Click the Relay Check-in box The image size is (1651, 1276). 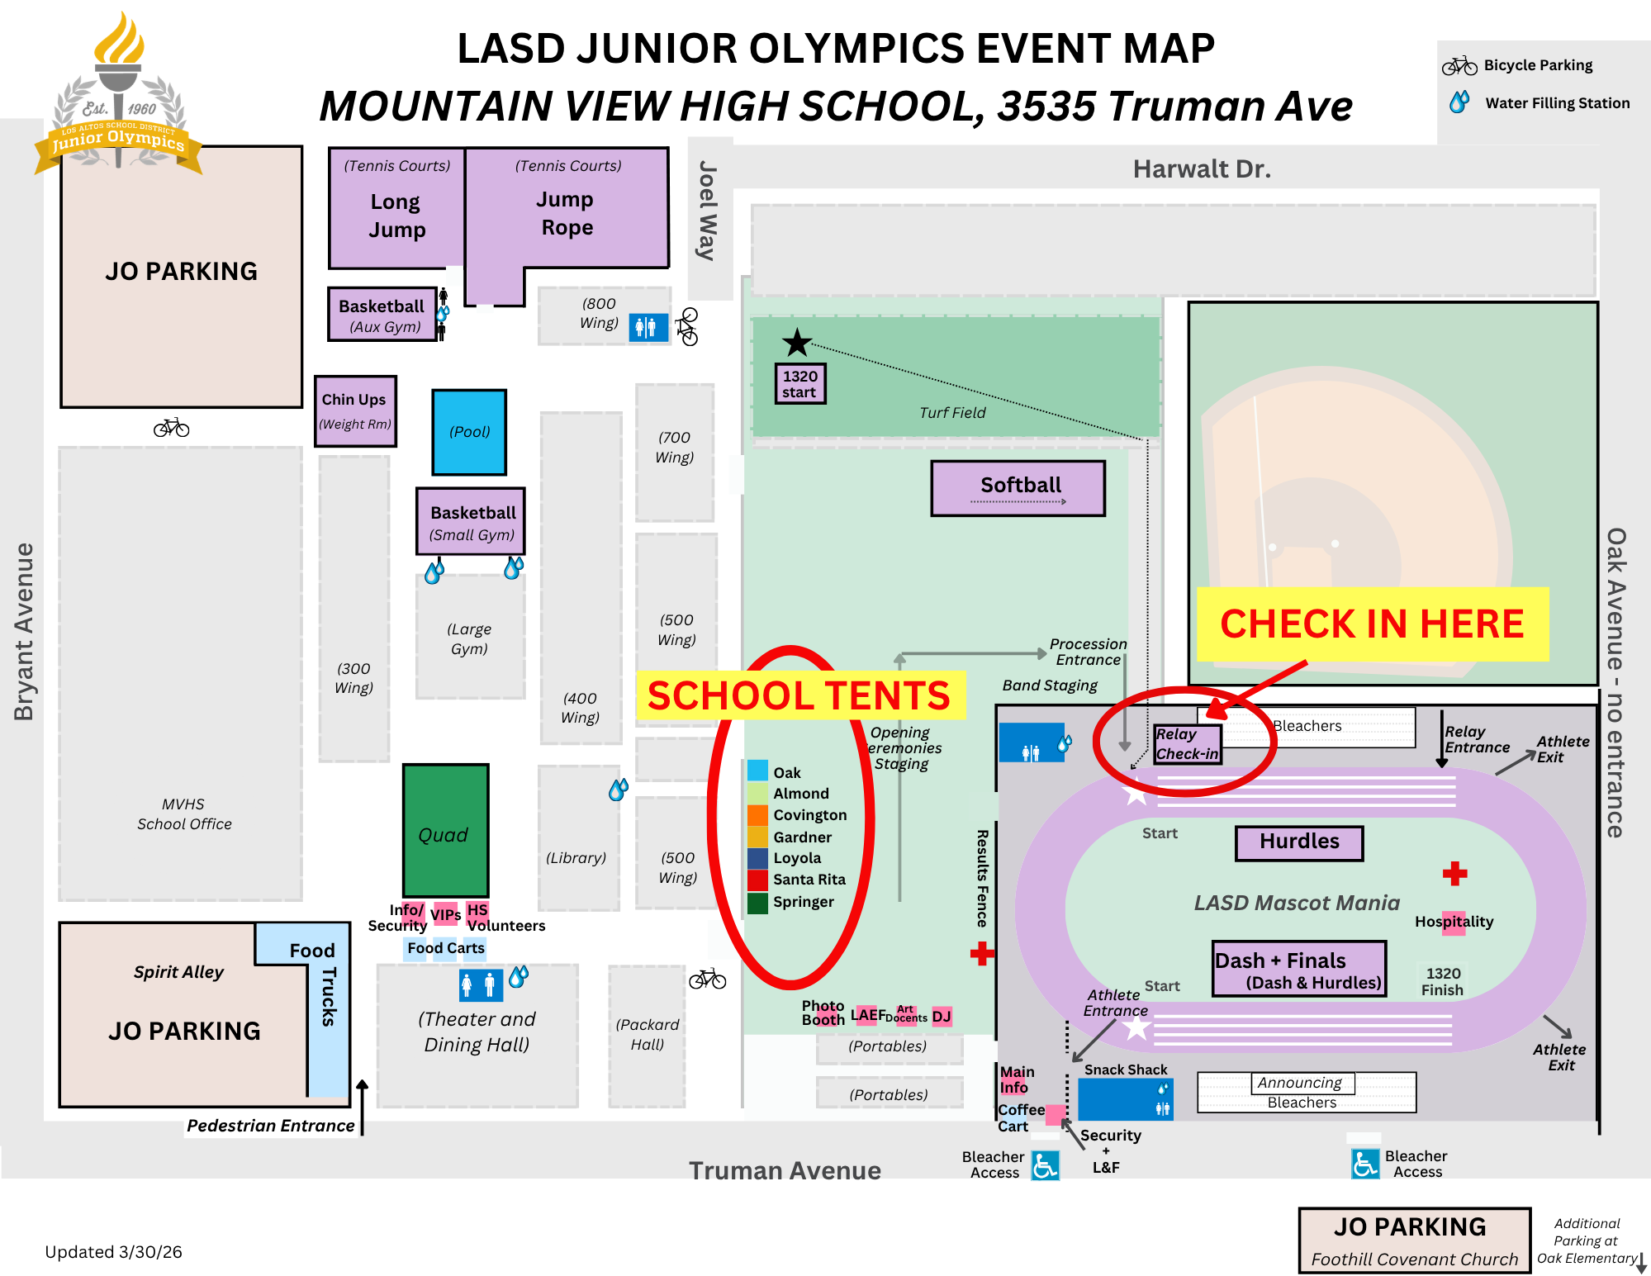tap(1187, 743)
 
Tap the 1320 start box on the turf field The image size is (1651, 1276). tap(799, 384)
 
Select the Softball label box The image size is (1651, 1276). tap(1018, 488)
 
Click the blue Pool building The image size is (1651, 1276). tap(469, 432)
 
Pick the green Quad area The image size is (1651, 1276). tap(445, 830)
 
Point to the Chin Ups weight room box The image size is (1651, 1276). tap(355, 410)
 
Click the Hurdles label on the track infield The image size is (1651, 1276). tap(1299, 842)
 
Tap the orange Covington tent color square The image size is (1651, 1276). tap(757, 814)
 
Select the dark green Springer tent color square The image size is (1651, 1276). tap(757, 902)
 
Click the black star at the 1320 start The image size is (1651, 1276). tap(797, 342)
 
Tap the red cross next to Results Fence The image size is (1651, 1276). tap(981, 954)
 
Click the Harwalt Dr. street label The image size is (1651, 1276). tap(1201, 169)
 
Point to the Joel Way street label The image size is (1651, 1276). tap(708, 211)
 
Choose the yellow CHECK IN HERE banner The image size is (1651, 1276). tap(1372, 624)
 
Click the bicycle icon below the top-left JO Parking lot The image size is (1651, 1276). tap(172, 428)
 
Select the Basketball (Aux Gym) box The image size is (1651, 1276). tap(382, 315)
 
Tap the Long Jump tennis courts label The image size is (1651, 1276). tap(396, 215)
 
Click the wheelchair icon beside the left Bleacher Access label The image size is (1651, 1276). tap(1045, 1165)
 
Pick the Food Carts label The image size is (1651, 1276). tap(445, 948)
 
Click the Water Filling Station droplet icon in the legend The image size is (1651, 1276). tap(1459, 102)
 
